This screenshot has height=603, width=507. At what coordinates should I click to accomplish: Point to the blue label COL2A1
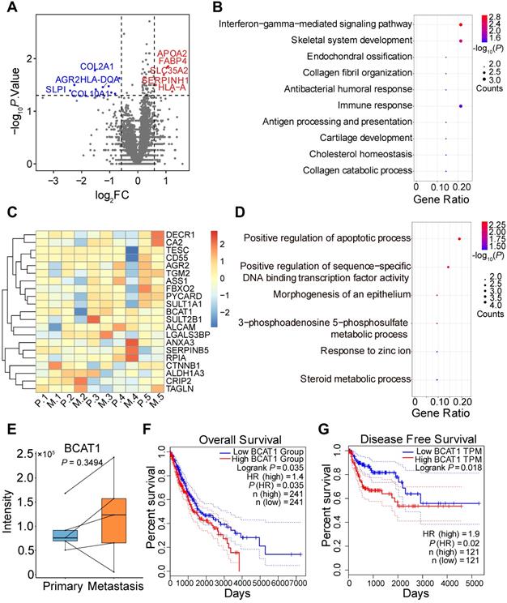[x=96, y=66]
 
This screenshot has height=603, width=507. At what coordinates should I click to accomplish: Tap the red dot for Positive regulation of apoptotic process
[x=459, y=238]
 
